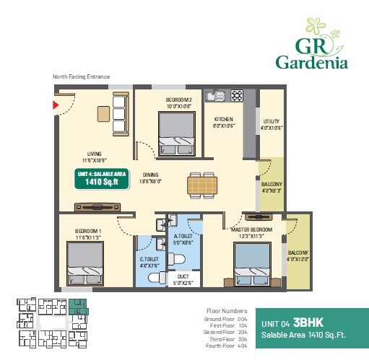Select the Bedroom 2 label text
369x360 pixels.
tap(178, 102)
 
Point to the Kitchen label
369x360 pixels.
tap(222, 122)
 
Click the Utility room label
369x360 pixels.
tap(272, 124)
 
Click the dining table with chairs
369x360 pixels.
tap(202, 184)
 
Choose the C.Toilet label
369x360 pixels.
tap(149, 261)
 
